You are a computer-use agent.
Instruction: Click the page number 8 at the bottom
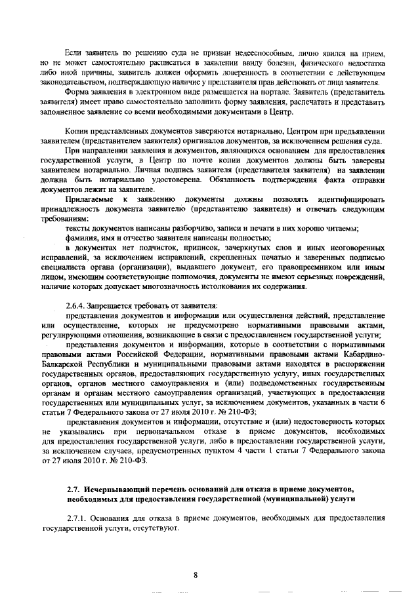tap(196, 575)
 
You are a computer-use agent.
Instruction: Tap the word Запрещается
tap(115, 308)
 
